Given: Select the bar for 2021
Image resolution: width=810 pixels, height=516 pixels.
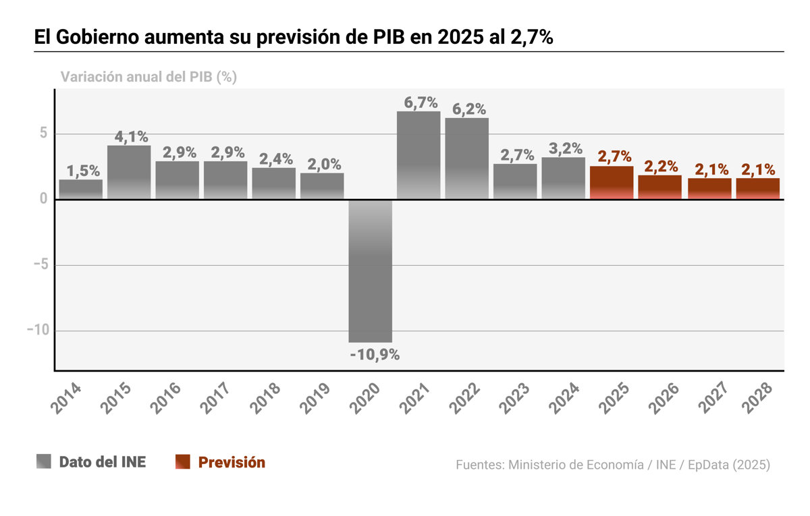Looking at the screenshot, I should coord(418,155).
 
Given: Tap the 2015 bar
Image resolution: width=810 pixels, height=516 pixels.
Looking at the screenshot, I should coord(129,173).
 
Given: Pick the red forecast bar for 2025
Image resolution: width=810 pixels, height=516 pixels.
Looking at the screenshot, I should coord(612,183).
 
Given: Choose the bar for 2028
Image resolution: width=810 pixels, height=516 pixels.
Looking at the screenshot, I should coord(757,189).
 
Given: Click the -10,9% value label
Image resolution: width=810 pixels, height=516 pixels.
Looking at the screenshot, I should coord(375,354).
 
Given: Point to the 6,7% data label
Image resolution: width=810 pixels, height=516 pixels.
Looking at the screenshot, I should coord(421,103).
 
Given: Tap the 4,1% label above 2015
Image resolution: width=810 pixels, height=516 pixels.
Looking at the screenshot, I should coord(131,136).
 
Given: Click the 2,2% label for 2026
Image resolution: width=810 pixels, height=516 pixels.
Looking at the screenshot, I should coord(661,166).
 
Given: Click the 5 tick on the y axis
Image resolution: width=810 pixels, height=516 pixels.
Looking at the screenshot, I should coord(43,134).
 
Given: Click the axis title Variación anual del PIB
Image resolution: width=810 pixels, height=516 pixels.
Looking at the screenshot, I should coord(148,77).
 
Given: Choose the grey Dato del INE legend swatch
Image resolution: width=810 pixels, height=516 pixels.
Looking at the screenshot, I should coord(44,462).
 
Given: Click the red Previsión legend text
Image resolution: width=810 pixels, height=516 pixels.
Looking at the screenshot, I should coord(232,462).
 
